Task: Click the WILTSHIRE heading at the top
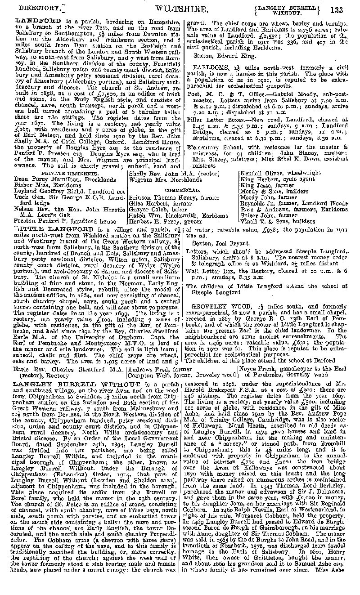click(182, 9)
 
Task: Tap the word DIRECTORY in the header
click(36, 9)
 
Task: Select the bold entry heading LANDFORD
click(32, 21)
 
